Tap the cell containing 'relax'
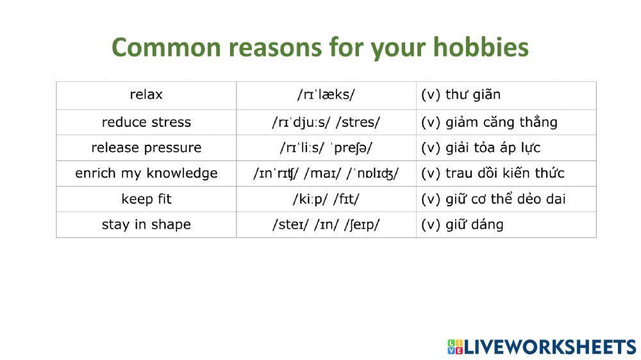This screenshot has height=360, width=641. tap(146, 95)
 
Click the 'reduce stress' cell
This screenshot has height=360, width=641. tap(146, 122)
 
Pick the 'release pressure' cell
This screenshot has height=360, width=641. tap(146, 147)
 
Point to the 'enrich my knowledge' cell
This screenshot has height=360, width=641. tap(146, 173)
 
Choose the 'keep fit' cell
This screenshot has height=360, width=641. tap(146, 199)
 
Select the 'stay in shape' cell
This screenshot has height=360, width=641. tap(146, 224)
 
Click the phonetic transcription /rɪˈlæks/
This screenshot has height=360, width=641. tap(326, 95)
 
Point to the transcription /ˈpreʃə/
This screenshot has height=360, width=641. tap(351, 147)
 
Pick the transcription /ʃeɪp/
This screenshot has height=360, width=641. tap(362, 224)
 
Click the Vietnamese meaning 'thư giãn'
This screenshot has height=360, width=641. tap(473, 95)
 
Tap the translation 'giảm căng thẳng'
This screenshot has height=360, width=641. tap(501, 122)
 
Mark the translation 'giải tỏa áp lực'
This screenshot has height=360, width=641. tap(492, 147)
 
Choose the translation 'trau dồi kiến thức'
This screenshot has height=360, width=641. tap(504, 173)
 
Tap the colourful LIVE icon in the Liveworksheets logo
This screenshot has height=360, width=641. tap(454, 347)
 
